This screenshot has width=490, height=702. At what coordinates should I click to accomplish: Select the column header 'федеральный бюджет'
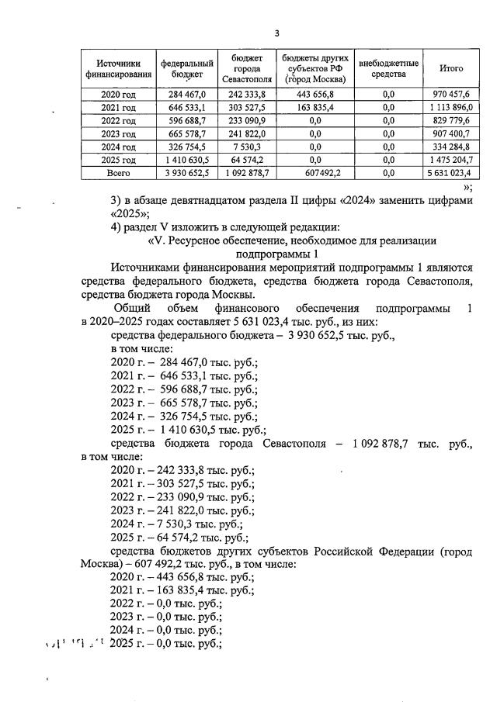(187, 68)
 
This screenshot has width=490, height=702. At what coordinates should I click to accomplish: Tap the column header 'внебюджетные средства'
(388, 68)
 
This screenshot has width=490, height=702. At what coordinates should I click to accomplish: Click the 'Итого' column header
(450, 68)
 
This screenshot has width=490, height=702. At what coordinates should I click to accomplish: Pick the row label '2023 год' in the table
(118, 133)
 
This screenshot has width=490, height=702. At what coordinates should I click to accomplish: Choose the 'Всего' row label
(118, 173)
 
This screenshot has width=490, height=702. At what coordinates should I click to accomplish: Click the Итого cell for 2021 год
(450, 107)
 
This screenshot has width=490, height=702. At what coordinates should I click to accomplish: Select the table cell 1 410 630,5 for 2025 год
(187, 160)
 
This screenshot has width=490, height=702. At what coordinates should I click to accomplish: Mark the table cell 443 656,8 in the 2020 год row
(315, 94)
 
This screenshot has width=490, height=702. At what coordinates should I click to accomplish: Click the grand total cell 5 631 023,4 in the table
(450, 173)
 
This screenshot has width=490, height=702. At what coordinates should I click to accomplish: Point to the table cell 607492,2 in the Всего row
(315, 173)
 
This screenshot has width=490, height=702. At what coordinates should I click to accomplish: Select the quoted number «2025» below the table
(129, 213)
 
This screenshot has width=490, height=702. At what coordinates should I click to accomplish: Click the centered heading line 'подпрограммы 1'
(276, 254)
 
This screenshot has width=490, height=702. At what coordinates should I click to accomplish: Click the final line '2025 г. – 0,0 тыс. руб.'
(166, 644)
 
